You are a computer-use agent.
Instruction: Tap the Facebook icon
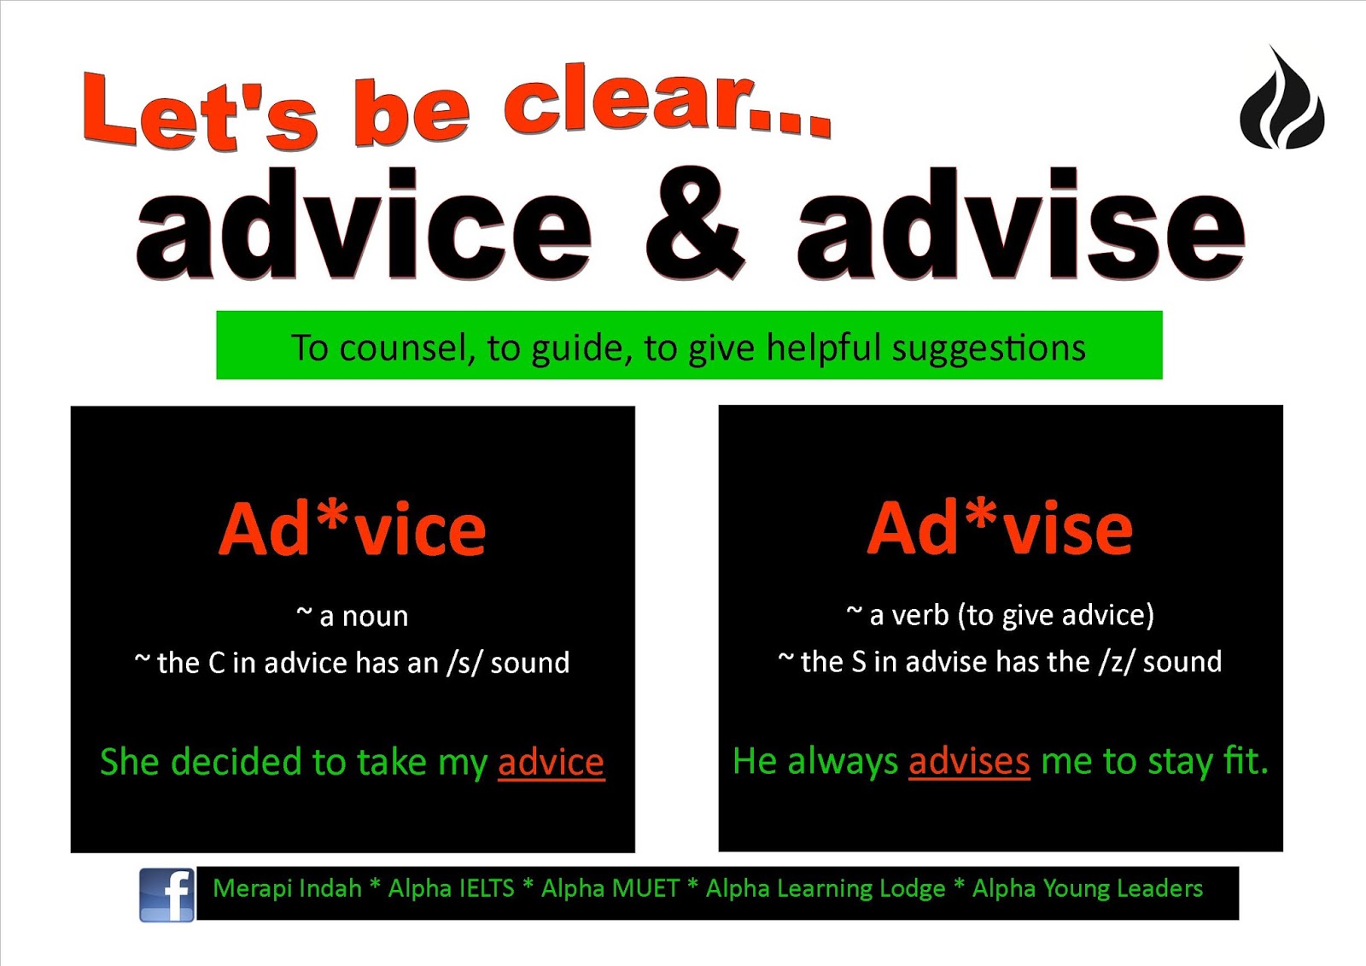tap(167, 894)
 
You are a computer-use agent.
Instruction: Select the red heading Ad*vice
tap(352, 530)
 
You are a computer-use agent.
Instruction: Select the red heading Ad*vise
tap(1000, 529)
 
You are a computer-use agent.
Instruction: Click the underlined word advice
tap(551, 762)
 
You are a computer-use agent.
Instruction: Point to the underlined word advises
tap(969, 761)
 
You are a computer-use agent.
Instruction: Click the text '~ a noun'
tap(352, 616)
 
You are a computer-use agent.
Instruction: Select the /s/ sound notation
tap(465, 663)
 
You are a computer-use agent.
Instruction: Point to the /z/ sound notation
tap(1118, 662)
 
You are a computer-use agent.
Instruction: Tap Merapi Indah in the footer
tap(287, 888)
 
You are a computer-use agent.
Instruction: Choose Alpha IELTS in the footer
tap(451, 888)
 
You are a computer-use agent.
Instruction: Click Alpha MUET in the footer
tap(610, 888)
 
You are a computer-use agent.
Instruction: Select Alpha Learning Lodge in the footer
tap(825, 888)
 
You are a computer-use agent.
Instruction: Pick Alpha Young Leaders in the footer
tap(1087, 888)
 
